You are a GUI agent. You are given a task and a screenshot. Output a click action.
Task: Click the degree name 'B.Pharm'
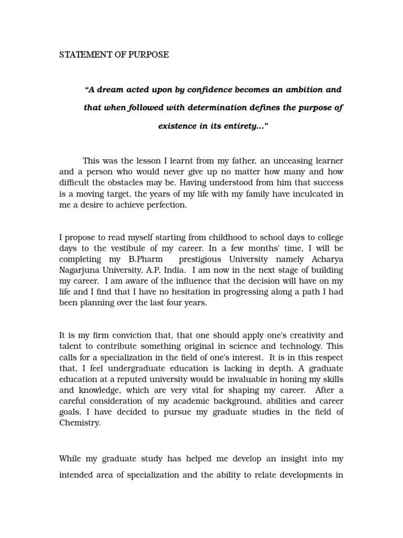[x=148, y=259]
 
